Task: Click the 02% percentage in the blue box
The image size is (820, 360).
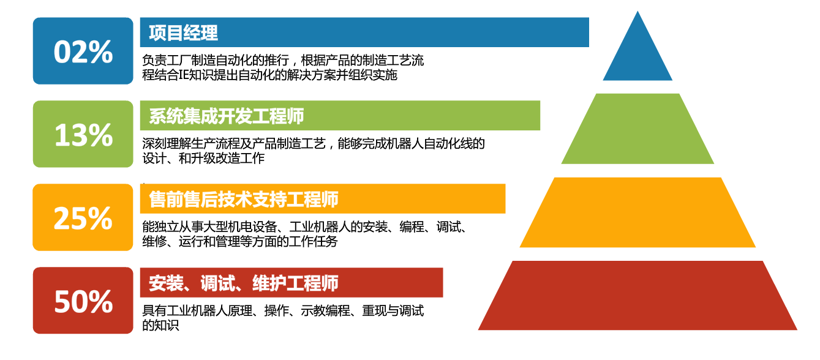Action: point(83,51)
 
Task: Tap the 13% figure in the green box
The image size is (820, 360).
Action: point(83,135)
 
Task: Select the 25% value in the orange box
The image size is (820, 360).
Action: point(83,218)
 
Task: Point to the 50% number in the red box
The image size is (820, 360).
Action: point(83,301)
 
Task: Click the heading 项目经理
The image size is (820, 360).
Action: point(183,32)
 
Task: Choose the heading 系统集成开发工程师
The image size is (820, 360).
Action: point(226,116)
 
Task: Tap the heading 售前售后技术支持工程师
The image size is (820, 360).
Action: point(244,200)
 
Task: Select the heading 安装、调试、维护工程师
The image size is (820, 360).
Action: point(244,283)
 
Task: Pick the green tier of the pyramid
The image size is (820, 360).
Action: point(638,129)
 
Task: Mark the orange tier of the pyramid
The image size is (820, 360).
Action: point(638,212)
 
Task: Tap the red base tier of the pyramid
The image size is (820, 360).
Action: point(638,296)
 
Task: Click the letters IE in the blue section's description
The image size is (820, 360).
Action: point(184,75)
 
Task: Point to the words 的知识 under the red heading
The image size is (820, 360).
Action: point(160,325)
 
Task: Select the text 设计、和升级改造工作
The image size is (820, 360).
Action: point(203,158)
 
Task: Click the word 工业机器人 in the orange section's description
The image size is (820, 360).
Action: point(319,227)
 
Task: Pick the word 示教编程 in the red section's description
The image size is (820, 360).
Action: point(325,310)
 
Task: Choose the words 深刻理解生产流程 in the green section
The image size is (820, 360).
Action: point(191,144)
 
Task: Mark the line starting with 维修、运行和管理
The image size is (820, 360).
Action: point(240,241)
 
